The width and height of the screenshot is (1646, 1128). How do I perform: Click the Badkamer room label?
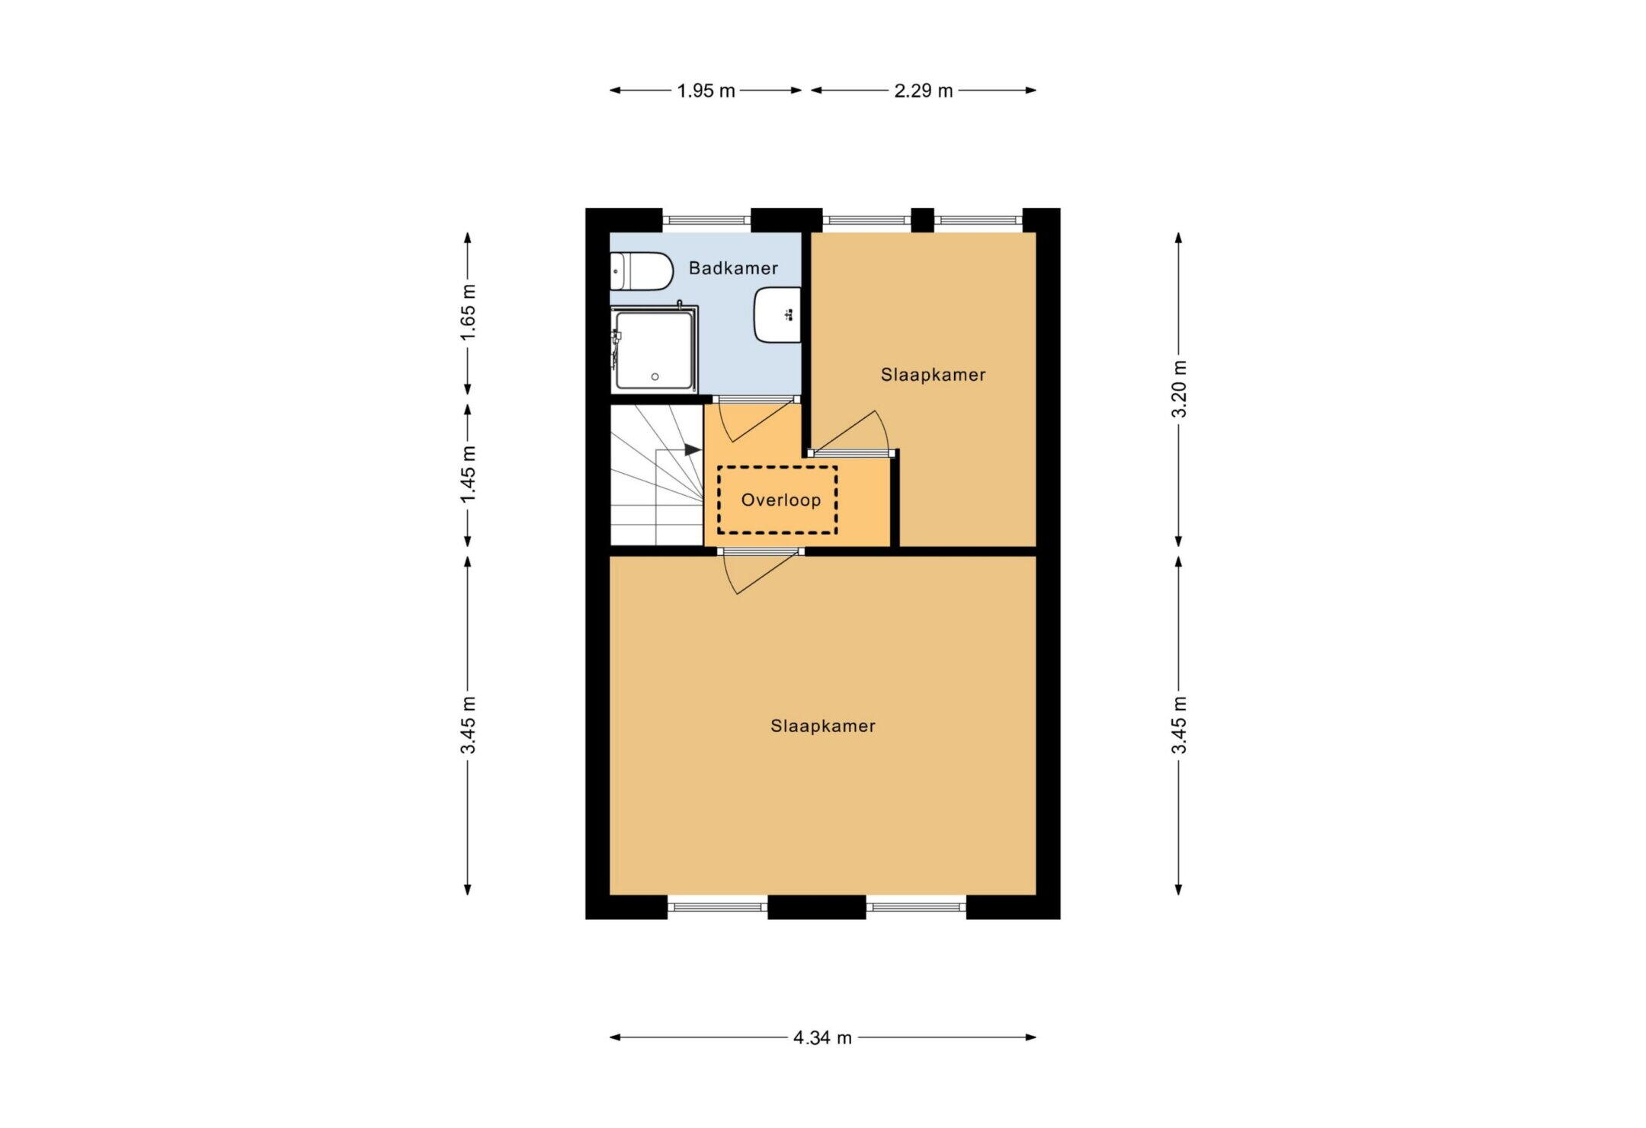pyautogui.click(x=733, y=268)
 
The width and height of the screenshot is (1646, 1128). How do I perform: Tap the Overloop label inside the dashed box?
pyautogui.click(x=781, y=500)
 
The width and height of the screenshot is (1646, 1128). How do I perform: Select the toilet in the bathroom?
pyautogui.click(x=641, y=272)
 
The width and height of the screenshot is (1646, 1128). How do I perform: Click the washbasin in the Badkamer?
pyautogui.click(x=777, y=315)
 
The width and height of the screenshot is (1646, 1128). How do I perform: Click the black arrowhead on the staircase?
pyautogui.click(x=692, y=450)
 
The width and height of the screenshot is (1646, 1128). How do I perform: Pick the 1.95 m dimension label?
pyautogui.click(x=706, y=91)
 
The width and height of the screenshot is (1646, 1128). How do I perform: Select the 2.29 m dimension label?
pyautogui.click(x=924, y=91)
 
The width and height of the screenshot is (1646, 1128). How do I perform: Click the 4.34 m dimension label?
pyautogui.click(x=822, y=1037)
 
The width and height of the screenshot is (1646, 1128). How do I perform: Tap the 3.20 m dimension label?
pyautogui.click(x=1179, y=388)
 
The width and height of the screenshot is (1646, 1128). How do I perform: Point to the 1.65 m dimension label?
pyautogui.click(x=468, y=313)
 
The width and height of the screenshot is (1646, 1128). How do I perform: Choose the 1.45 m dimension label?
pyautogui.click(x=468, y=475)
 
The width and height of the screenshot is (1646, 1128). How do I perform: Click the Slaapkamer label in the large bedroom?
pyautogui.click(x=823, y=726)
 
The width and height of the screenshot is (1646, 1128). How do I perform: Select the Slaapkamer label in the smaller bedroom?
pyautogui.click(x=933, y=375)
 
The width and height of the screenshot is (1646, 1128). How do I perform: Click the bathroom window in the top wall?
pyautogui.click(x=706, y=220)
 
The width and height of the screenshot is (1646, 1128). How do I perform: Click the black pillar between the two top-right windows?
pyautogui.click(x=923, y=220)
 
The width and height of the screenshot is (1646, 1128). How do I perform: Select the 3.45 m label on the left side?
pyautogui.click(x=468, y=725)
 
